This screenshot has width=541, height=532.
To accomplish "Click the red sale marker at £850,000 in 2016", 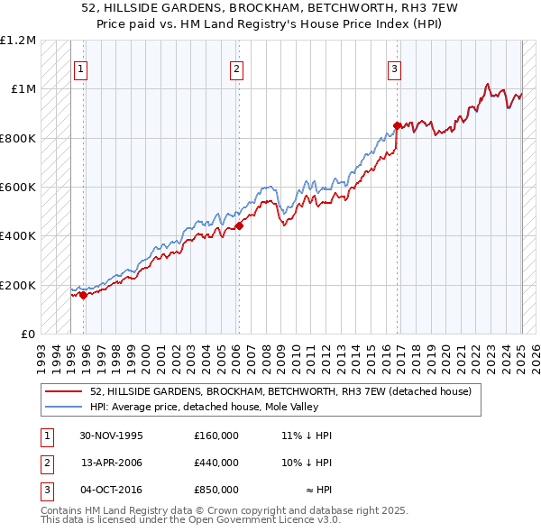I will click(x=397, y=126).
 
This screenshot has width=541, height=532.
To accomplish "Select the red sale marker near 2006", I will click(x=240, y=226).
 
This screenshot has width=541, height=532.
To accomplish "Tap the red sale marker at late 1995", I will click(x=83, y=295).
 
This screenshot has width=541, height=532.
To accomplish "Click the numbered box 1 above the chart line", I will click(x=81, y=69).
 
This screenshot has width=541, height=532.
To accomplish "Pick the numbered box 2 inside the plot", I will click(x=236, y=69).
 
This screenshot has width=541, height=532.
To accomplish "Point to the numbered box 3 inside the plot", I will click(x=394, y=69).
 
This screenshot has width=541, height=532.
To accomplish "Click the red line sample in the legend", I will click(x=65, y=391).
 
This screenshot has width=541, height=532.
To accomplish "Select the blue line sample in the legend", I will click(x=65, y=407).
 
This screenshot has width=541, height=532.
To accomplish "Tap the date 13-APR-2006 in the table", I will click(x=112, y=463).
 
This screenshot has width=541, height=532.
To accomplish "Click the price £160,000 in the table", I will click(x=216, y=436).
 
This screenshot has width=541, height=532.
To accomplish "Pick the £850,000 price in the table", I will click(x=216, y=490).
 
